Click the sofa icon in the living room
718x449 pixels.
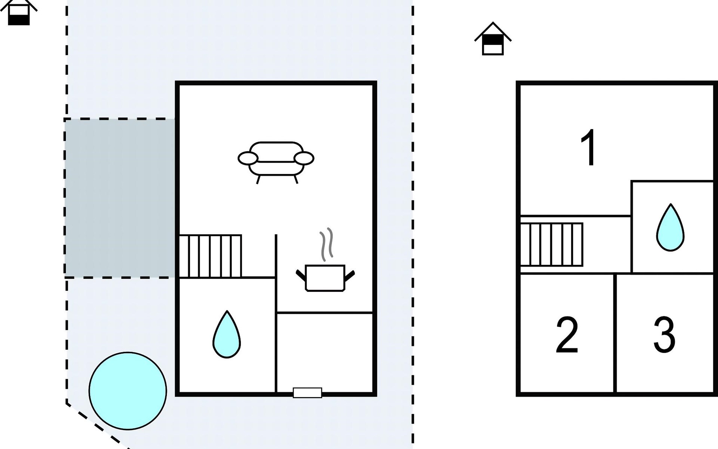pos(276,161)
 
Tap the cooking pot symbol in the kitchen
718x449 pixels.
pos(325,278)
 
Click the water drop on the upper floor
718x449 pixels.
pos(670,228)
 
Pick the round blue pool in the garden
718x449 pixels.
pos(128,391)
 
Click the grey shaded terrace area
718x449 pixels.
pos(120,198)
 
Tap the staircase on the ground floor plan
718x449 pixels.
pos(210,256)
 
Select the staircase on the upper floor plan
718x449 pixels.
pos(552,245)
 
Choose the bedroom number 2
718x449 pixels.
pos(567,335)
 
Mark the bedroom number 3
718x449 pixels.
pos(664,335)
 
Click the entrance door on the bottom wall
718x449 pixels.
pos(307,393)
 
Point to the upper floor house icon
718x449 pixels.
pos(493,39)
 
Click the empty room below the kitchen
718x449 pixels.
pos(325,352)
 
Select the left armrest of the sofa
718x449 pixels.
pos(248,159)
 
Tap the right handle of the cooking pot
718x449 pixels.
pos(349,276)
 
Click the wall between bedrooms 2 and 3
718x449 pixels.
pos(614,333)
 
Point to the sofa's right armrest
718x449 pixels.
pos(304,159)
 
